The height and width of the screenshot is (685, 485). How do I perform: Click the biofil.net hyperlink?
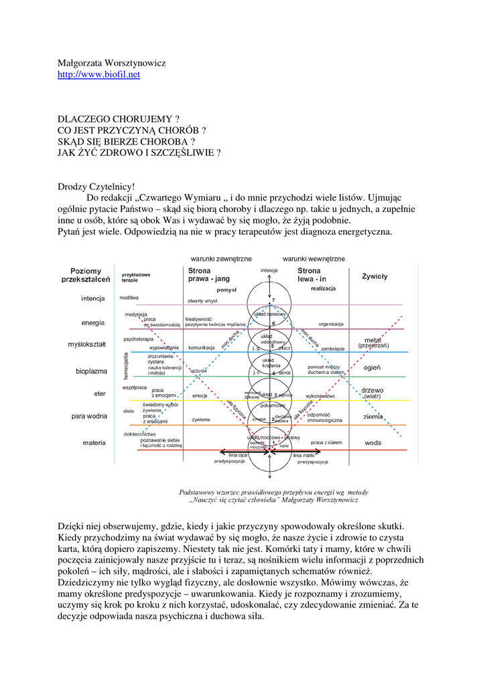pyautogui.click(x=99, y=75)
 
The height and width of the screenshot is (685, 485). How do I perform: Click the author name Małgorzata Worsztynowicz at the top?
pyautogui.click(x=111, y=63)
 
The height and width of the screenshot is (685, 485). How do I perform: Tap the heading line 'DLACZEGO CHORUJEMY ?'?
pyautogui.click(x=119, y=118)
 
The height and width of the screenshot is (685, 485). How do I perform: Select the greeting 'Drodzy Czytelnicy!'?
pyautogui.click(x=96, y=187)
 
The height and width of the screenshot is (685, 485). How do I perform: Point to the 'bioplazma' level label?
pyautogui.click(x=89, y=370)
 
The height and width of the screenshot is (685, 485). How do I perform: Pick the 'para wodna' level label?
pyautogui.click(x=89, y=416)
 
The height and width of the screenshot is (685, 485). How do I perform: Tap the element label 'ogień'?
pyautogui.click(x=372, y=367)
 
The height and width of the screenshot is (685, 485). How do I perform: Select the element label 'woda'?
pyautogui.click(x=373, y=443)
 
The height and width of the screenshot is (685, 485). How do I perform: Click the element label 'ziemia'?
pyautogui.click(x=373, y=416)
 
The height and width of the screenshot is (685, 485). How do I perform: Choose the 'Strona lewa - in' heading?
pyautogui.click(x=313, y=275)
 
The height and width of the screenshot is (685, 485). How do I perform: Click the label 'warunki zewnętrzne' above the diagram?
pyautogui.click(x=221, y=258)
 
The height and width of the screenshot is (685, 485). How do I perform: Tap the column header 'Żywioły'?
pyautogui.click(x=374, y=276)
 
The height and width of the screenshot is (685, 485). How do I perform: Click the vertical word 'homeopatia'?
pyautogui.click(x=125, y=367)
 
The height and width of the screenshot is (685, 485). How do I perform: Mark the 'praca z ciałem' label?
pyautogui.click(x=326, y=443)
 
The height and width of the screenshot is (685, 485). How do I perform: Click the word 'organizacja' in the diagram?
pyautogui.click(x=331, y=324)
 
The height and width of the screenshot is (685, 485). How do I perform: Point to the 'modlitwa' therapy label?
pyautogui.click(x=129, y=297)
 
